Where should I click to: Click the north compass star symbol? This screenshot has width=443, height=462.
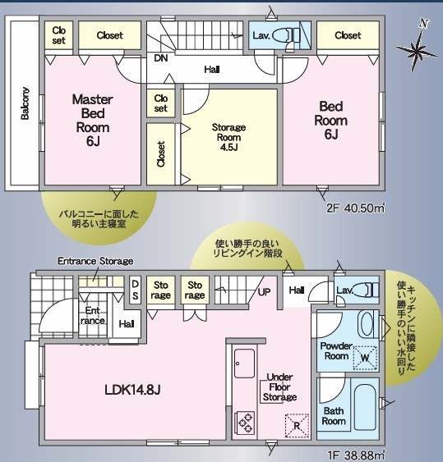pos(417,51)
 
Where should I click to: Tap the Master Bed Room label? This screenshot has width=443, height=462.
pos(92,120)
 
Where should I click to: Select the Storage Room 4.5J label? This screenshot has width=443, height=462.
pos(228,137)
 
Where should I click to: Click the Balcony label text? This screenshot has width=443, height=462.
pos(25,103)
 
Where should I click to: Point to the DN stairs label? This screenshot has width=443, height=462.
pos(161,58)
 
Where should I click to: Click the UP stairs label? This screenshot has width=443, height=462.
pos(264,291)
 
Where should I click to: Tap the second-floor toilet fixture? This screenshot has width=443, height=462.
pos(286,35)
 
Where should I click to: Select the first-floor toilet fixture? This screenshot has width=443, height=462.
pos(366,290)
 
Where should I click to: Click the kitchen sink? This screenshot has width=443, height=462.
pos(244,364)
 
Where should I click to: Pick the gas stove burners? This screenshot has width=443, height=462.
pos(244,423)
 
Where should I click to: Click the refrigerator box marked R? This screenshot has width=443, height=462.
pos(297,426)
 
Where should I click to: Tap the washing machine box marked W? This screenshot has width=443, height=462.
pos(366,358)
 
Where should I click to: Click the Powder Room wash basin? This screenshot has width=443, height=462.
pos(367,324)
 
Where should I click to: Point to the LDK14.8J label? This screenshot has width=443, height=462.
pos(132,390)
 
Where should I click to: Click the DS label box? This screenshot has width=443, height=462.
pos(135,290)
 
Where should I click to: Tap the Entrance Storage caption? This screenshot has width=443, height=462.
pos(95,261)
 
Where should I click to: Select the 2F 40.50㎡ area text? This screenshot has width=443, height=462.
pos(356,208)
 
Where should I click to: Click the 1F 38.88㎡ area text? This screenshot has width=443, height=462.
pos(356,455)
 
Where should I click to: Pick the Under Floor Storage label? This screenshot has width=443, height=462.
pos(279,387)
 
